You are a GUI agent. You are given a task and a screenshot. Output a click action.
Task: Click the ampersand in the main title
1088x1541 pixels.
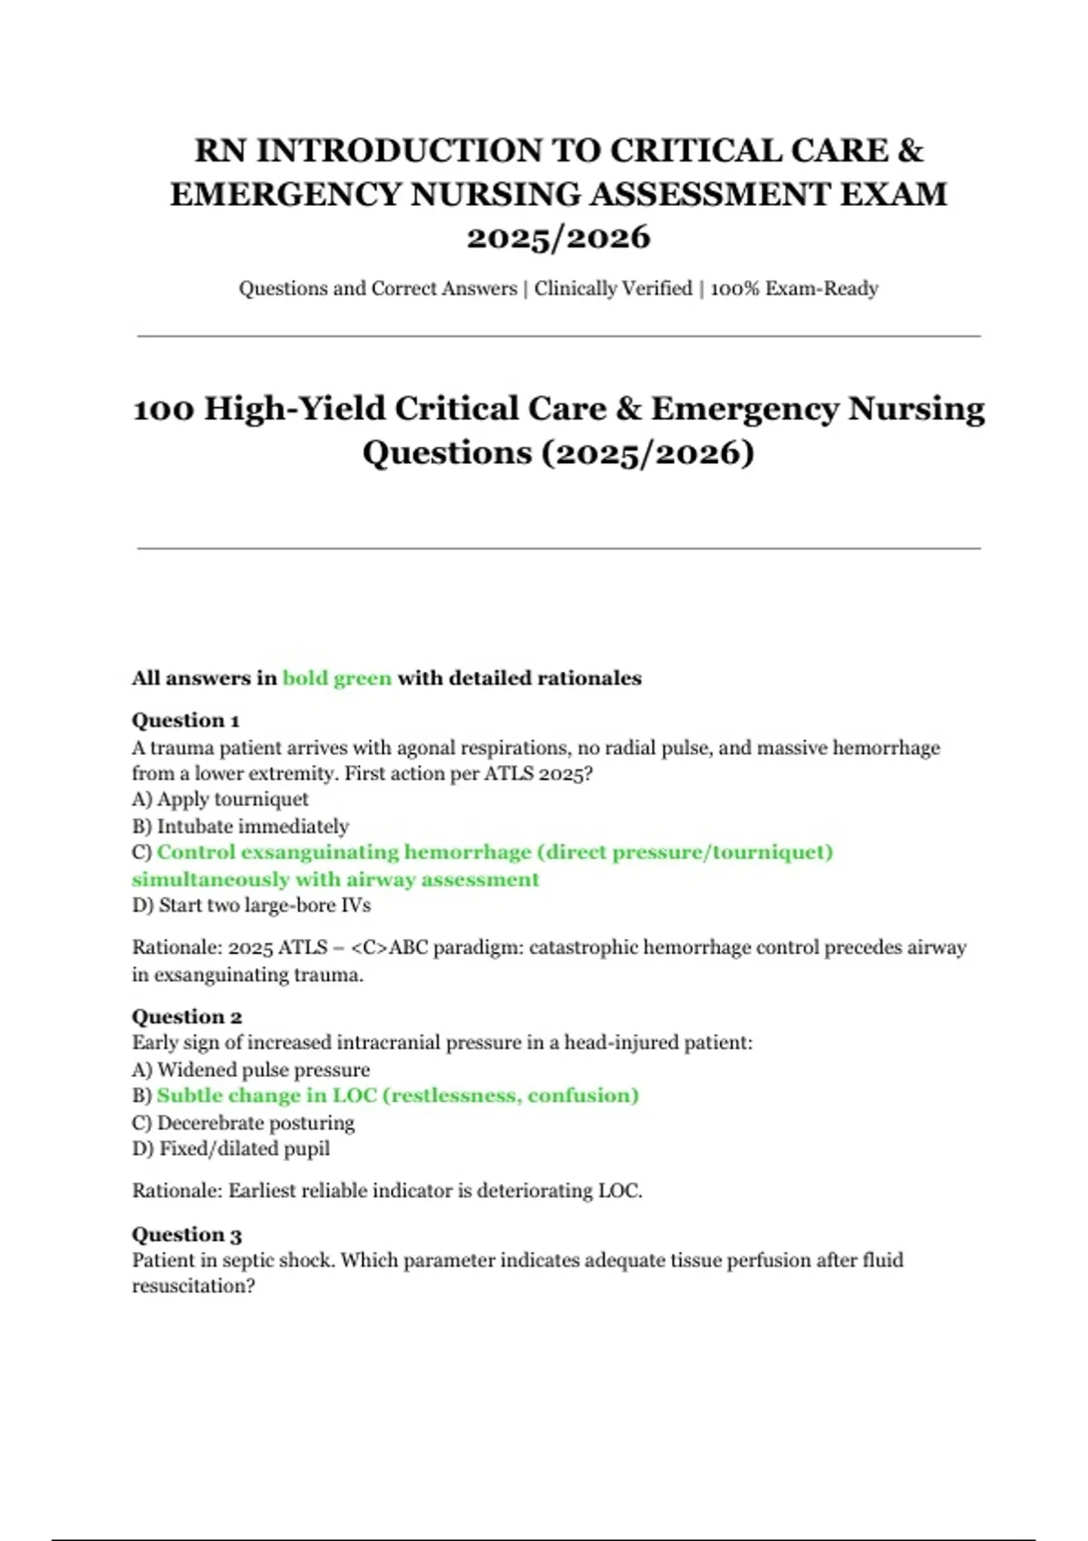pyautogui.click(x=909, y=150)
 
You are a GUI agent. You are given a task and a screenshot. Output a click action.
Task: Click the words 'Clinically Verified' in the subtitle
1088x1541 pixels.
pyautogui.click(x=613, y=288)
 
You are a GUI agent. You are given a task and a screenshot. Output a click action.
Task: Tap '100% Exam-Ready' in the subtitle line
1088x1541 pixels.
pyautogui.click(x=794, y=288)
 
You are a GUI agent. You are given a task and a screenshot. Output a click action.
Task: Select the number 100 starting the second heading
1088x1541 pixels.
pyautogui.click(x=164, y=409)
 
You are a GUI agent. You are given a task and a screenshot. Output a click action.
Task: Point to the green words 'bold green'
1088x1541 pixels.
pyautogui.click(x=336, y=678)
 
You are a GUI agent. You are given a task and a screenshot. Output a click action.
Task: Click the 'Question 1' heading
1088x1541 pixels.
pyautogui.click(x=186, y=721)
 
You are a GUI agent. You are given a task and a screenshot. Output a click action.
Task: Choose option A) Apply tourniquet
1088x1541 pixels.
pyautogui.click(x=220, y=800)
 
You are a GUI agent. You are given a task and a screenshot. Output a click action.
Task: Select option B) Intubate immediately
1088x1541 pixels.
pyautogui.click(x=240, y=826)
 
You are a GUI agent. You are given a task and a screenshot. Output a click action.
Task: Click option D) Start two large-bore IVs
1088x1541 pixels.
pyautogui.click(x=251, y=905)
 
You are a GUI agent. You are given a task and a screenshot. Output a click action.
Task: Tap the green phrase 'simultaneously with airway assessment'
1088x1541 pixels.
pyautogui.click(x=335, y=879)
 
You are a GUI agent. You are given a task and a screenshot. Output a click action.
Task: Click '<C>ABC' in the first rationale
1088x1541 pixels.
pyautogui.click(x=388, y=947)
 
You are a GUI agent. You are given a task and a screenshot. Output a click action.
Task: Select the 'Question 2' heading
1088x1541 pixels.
pyautogui.click(x=187, y=1016)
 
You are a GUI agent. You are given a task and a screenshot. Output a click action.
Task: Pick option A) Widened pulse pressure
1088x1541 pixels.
pyautogui.click(x=251, y=1070)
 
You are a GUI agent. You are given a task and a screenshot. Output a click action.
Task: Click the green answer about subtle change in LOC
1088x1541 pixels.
pyautogui.click(x=397, y=1096)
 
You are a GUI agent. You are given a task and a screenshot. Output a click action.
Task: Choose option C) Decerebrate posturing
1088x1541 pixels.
pyautogui.click(x=243, y=1122)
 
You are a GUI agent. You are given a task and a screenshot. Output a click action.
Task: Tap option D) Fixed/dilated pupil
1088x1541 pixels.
pyautogui.click(x=231, y=1148)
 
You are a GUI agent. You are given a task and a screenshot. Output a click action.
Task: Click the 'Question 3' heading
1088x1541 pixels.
pyautogui.click(x=187, y=1235)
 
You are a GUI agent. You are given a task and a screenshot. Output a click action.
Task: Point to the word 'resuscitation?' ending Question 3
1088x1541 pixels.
pyautogui.click(x=193, y=1286)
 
